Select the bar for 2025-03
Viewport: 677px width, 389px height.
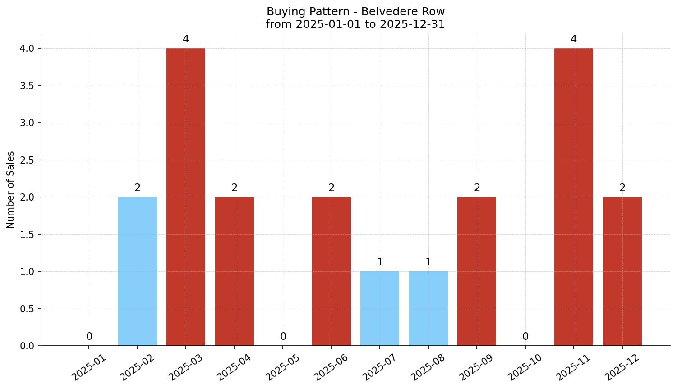point(186,197)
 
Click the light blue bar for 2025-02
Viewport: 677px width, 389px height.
point(138,271)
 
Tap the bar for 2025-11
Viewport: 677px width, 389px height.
point(574,197)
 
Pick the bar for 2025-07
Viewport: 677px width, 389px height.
point(380,309)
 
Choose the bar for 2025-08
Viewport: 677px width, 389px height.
point(428,309)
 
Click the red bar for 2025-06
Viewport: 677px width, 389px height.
point(332,271)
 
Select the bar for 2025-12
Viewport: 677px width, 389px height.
point(622,271)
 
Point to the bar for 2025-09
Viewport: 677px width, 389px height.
point(477,271)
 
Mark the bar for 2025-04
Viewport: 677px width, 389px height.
point(235,271)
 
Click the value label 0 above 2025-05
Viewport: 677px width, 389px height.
point(283,337)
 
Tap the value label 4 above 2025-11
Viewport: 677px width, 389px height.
point(574,39)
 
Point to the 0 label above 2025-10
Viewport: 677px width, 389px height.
point(525,337)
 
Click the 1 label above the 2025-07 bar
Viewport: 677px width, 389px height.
point(380,262)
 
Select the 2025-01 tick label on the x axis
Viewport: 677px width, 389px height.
point(89,367)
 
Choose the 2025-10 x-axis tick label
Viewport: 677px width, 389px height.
point(525,367)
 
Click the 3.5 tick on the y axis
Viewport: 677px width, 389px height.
point(28,86)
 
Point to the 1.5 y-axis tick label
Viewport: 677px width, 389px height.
point(28,234)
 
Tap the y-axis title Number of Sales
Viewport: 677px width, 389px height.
point(11,190)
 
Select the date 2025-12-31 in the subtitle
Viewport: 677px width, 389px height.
point(412,24)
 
